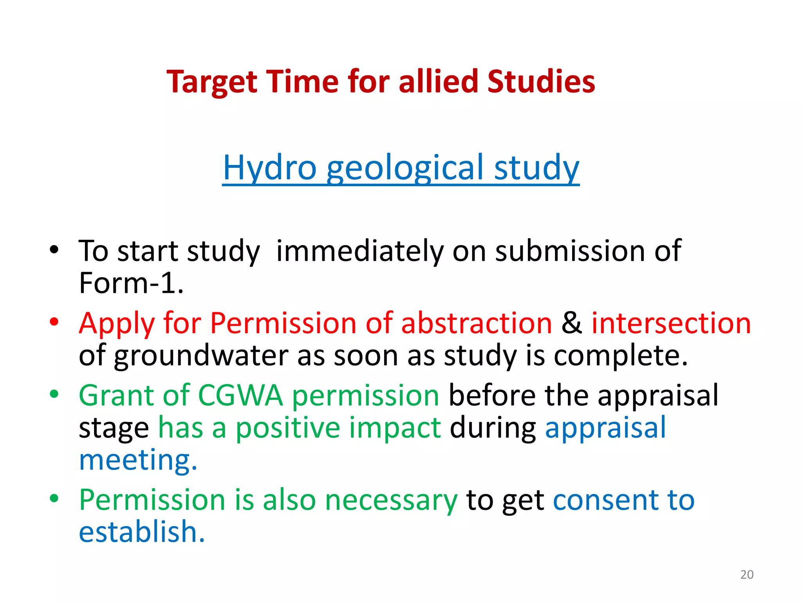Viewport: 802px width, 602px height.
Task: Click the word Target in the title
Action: (x=211, y=82)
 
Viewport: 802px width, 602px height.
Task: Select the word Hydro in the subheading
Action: (x=269, y=168)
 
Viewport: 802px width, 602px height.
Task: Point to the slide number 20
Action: (x=747, y=575)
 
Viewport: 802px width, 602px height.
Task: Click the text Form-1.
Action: (x=131, y=283)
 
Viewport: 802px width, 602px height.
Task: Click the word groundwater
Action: (x=200, y=356)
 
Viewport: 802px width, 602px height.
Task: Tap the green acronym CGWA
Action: (x=240, y=395)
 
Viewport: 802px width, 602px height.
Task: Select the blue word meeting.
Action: (x=138, y=460)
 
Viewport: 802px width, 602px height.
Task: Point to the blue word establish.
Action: (x=141, y=532)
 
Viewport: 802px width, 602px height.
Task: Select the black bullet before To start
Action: (x=54, y=250)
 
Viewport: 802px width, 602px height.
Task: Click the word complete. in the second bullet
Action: (x=620, y=356)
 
